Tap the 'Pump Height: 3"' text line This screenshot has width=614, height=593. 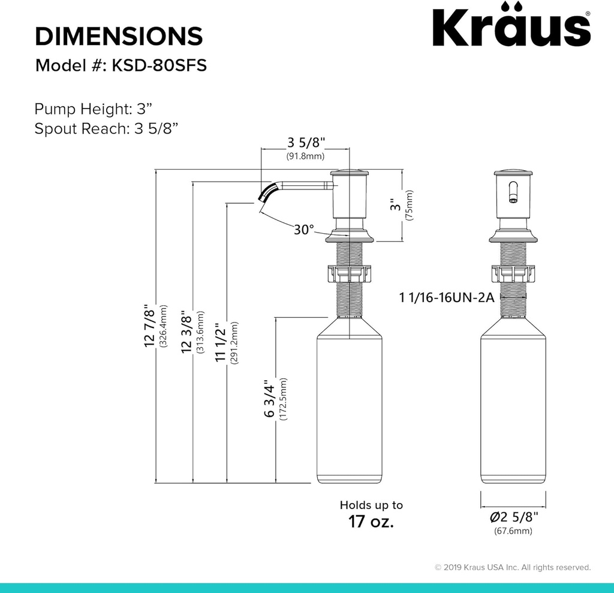[94, 109]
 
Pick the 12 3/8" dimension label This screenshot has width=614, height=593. [186, 332]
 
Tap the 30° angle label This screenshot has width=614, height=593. [304, 229]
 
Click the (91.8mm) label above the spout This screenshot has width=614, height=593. [305, 156]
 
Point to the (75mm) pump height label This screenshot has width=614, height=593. [410, 206]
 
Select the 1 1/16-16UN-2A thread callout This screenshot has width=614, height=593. [446, 297]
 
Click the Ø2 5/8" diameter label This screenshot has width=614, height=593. [513, 517]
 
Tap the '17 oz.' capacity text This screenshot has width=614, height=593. [371, 522]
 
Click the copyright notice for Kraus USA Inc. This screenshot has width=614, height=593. [513, 567]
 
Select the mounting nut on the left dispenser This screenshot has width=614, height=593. [350, 274]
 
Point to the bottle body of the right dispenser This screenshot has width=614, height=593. [514, 408]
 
